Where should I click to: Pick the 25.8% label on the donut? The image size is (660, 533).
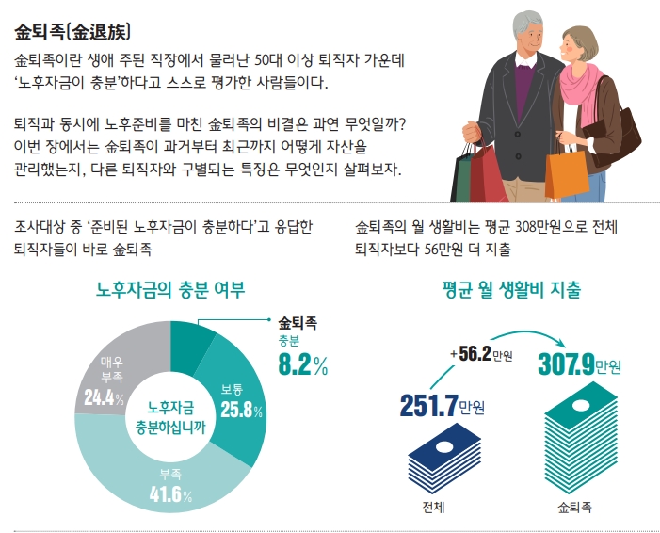pos(240,410)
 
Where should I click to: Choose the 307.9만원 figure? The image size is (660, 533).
pos(579,363)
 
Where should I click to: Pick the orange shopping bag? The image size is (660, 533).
pos(565,171)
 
